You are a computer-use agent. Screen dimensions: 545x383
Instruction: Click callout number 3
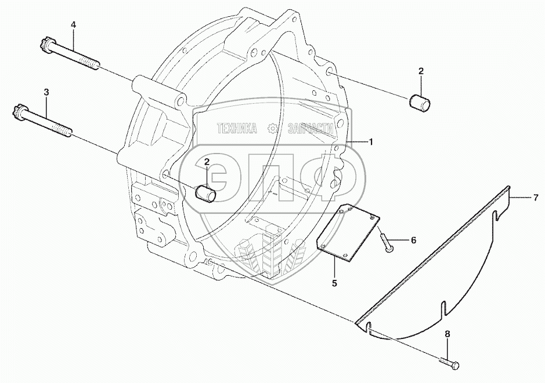click(46, 92)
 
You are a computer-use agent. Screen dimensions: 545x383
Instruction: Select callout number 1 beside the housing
click(371, 141)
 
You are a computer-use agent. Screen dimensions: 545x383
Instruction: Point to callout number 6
click(414, 240)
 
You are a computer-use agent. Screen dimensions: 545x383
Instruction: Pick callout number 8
click(447, 334)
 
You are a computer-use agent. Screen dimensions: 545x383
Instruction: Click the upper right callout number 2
click(421, 71)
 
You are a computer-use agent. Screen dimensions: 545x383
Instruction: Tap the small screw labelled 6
click(385, 242)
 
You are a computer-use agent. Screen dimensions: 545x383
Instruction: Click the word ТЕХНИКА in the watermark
click(237, 129)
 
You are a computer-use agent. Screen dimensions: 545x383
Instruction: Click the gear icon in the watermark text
click(272, 129)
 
